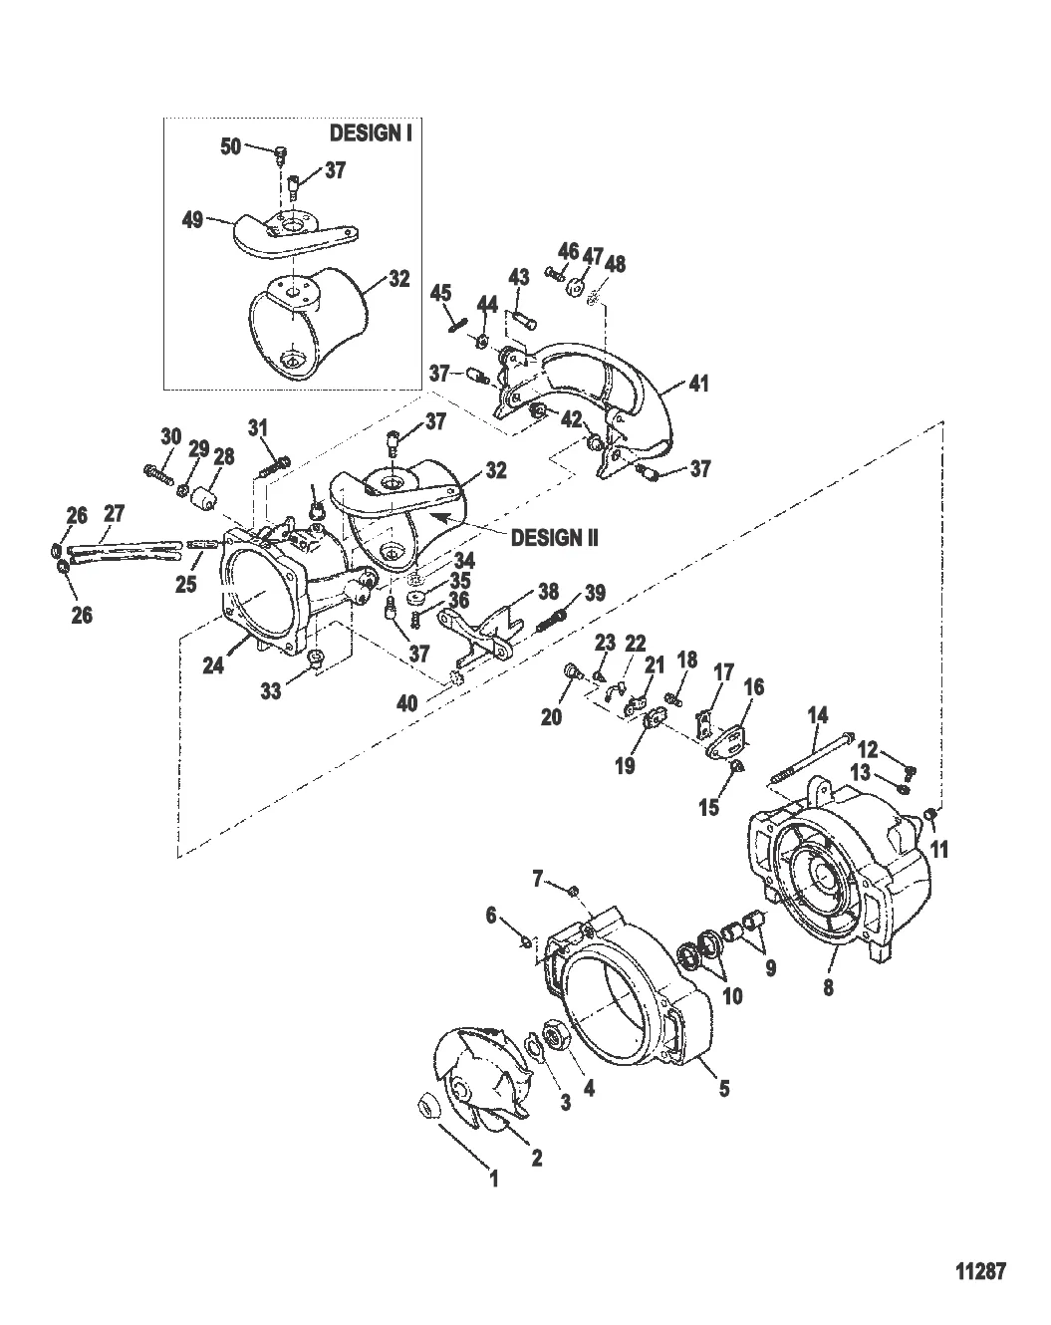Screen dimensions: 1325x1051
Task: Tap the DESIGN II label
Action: (554, 537)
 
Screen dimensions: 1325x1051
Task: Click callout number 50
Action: (231, 147)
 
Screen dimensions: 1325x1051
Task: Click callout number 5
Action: (723, 1089)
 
